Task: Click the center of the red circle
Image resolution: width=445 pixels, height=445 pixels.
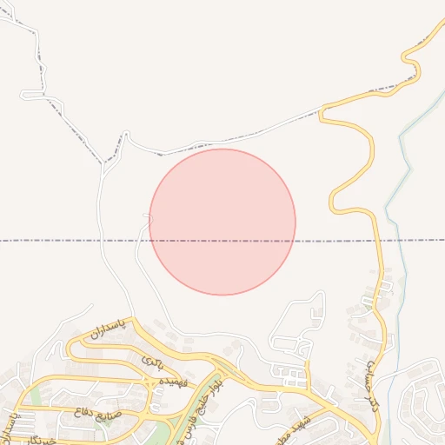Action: tap(222, 222)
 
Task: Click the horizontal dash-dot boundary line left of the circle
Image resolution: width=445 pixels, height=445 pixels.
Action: tap(70, 240)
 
